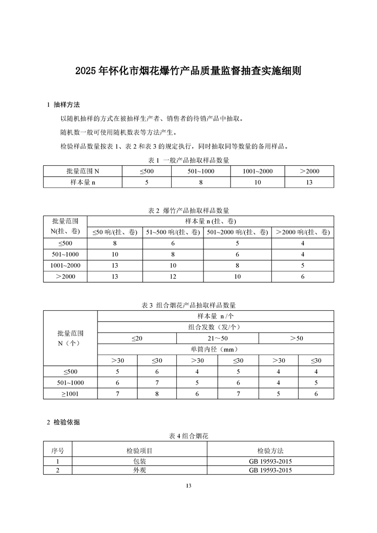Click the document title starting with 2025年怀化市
pos(188,72)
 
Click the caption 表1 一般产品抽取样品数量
pos(188,159)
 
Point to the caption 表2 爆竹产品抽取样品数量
pos(188,210)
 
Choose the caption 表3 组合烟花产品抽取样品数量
pos(188,305)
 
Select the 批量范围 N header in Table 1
pos(83,171)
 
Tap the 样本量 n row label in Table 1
pos(83,182)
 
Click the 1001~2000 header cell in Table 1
pos(258,171)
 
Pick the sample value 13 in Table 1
pos(309,182)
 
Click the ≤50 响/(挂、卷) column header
pos(115,232)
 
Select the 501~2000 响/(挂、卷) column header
pos(237,232)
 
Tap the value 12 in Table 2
pos(173,276)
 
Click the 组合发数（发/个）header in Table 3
pos(215,327)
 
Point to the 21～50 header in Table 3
pos(218,338)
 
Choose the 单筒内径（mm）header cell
pos(215,349)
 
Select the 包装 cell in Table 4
pos(139,461)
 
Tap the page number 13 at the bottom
pos(188,485)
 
